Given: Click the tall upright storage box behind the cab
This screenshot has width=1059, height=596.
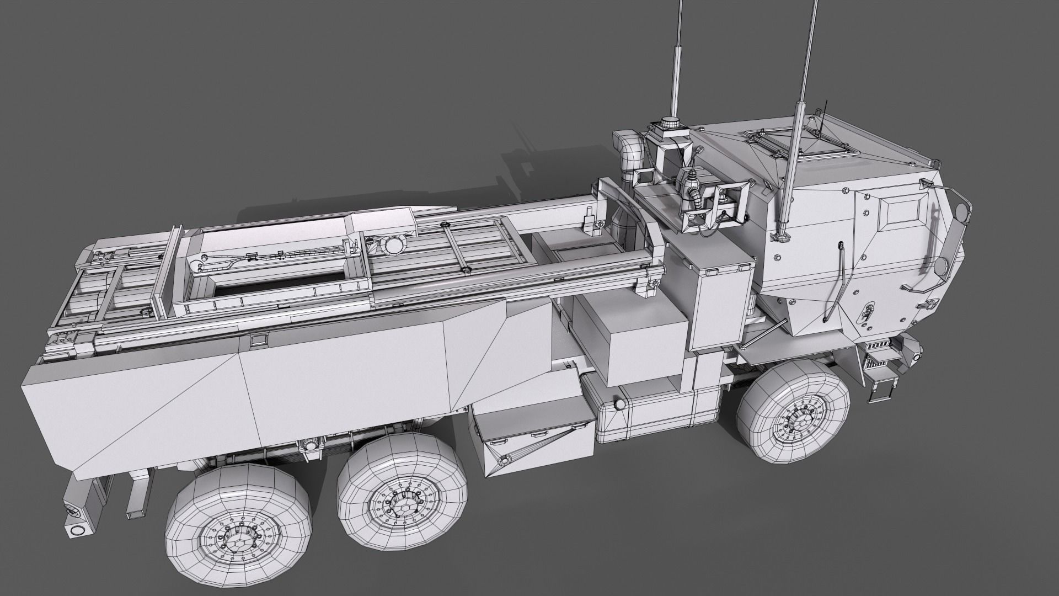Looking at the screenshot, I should point(723,298).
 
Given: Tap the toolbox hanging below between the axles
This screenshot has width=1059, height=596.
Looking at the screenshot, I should point(529,441).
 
